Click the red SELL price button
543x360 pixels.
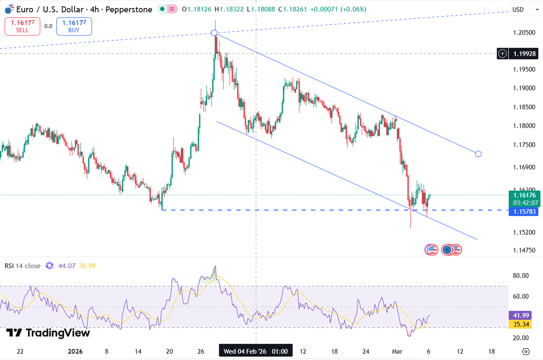(x=22, y=26)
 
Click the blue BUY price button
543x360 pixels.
(x=74, y=26)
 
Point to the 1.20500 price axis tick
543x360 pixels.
(x=523, y=33)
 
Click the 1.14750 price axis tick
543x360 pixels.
(x=523, y=250)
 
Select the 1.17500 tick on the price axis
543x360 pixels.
(x=523, y=145)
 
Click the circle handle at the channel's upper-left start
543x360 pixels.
(x=214, y=33)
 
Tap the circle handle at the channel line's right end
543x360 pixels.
(x=478, y=154)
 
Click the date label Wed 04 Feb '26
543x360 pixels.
(x=255, y=351)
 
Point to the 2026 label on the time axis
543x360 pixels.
(x=75, y=351)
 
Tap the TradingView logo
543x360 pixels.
(x=42, y=333)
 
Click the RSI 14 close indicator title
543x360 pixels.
(x=22, y=266)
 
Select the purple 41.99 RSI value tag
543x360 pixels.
(x=519, y=315)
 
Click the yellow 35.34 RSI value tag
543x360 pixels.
(x=519, y=324)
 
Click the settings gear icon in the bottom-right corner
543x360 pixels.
(x=526, y=351)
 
